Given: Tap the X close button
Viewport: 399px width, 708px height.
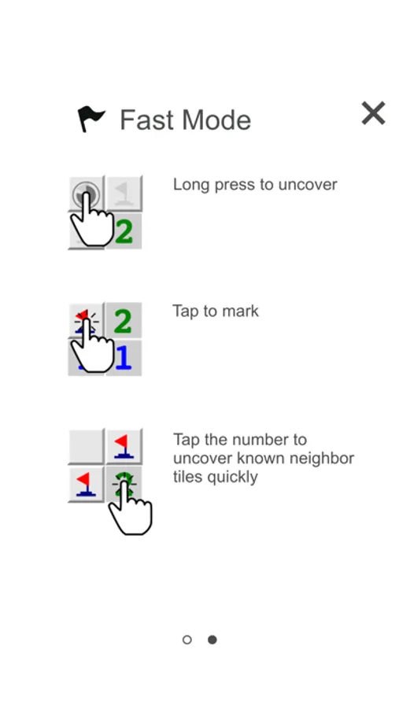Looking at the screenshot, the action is click(373, 112).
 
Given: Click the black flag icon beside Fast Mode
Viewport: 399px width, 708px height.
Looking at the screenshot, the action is click(91, 119).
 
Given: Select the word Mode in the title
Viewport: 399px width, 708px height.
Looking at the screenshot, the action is click(212, 120).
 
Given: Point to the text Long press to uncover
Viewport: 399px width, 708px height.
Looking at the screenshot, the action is click(255, 185).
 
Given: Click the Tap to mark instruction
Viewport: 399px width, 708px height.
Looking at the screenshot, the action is click(216, 311).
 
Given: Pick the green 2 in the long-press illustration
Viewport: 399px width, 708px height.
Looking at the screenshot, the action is click(124, 231).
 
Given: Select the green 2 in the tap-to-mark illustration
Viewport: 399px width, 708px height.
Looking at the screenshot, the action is click(124, 321).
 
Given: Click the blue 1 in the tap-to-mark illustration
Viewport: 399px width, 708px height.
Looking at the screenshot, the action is click(124, 358).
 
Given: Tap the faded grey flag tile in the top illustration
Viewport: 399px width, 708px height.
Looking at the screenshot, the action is click(124, 194).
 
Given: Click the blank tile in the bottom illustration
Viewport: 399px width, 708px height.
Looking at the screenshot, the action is click(87, 446).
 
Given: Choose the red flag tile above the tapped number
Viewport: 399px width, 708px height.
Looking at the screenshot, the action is click(124, 446).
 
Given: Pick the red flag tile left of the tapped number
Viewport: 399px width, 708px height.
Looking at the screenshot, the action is click(87, 484).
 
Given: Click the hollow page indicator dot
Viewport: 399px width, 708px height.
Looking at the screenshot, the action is click(187, 640).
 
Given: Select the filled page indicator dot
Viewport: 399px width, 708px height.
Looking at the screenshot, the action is click(212, 640).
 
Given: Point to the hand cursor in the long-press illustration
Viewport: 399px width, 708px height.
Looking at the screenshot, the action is click(92, 219).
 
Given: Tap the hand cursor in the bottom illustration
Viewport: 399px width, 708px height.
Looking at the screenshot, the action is click(130, 509).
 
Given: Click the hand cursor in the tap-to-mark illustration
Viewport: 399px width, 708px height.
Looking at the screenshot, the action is click(92, 345).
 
